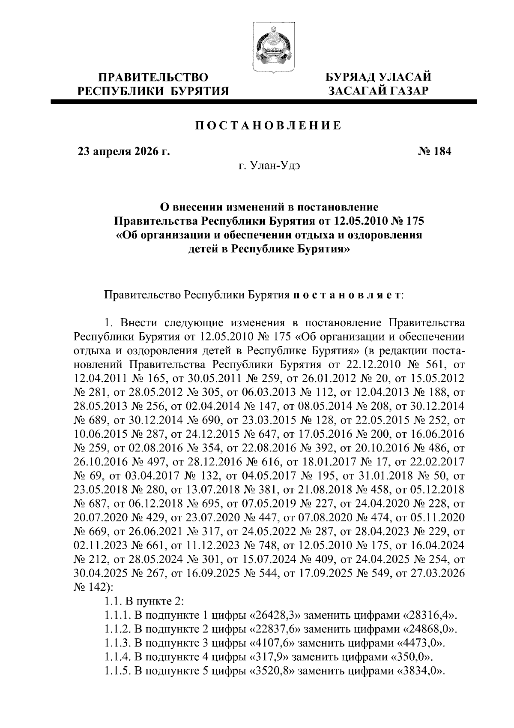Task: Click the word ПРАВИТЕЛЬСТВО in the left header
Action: pyautogui.click(x=153, y=78)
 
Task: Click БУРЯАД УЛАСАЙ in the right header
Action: pyautogui.click(x=378, y=77)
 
